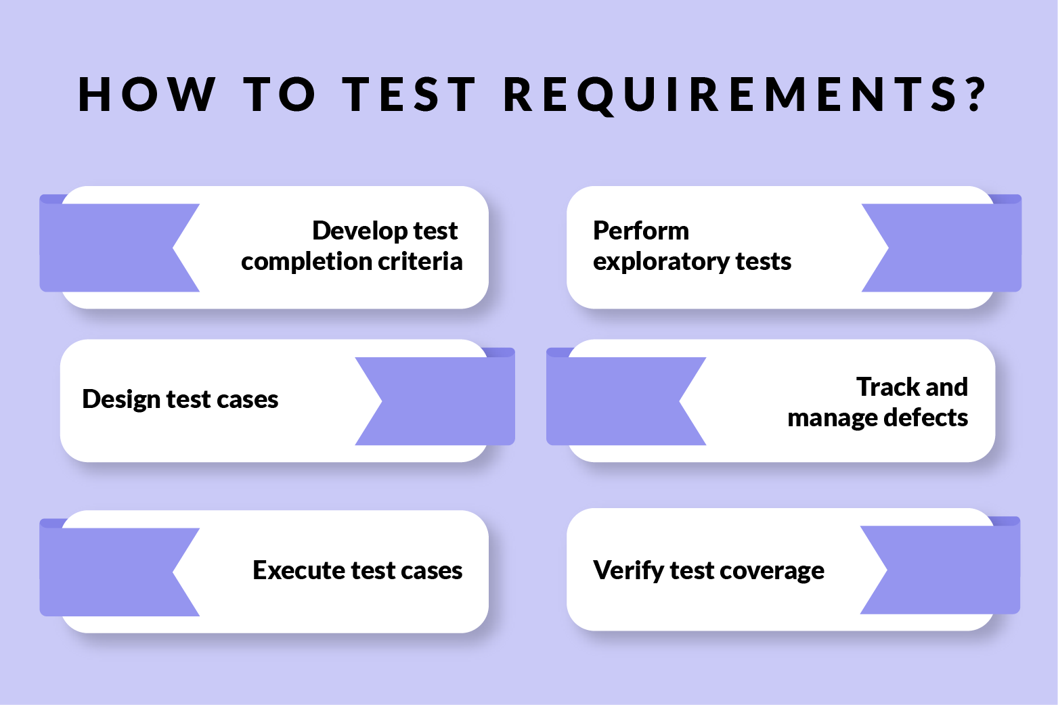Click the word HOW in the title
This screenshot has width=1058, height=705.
click(x=147, y=94)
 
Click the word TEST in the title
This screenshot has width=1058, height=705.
click(x=410, y=94)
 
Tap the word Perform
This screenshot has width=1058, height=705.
click(x=640, y=231)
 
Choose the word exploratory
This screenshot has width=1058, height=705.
click(x=661, y=262)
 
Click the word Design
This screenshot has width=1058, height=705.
click(x=121, y=400)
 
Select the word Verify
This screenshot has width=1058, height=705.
click(x=628, y=571)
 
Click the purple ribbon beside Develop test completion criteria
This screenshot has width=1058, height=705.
click(x=108, y=248)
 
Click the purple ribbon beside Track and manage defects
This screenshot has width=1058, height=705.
click(x=616, y=401)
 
